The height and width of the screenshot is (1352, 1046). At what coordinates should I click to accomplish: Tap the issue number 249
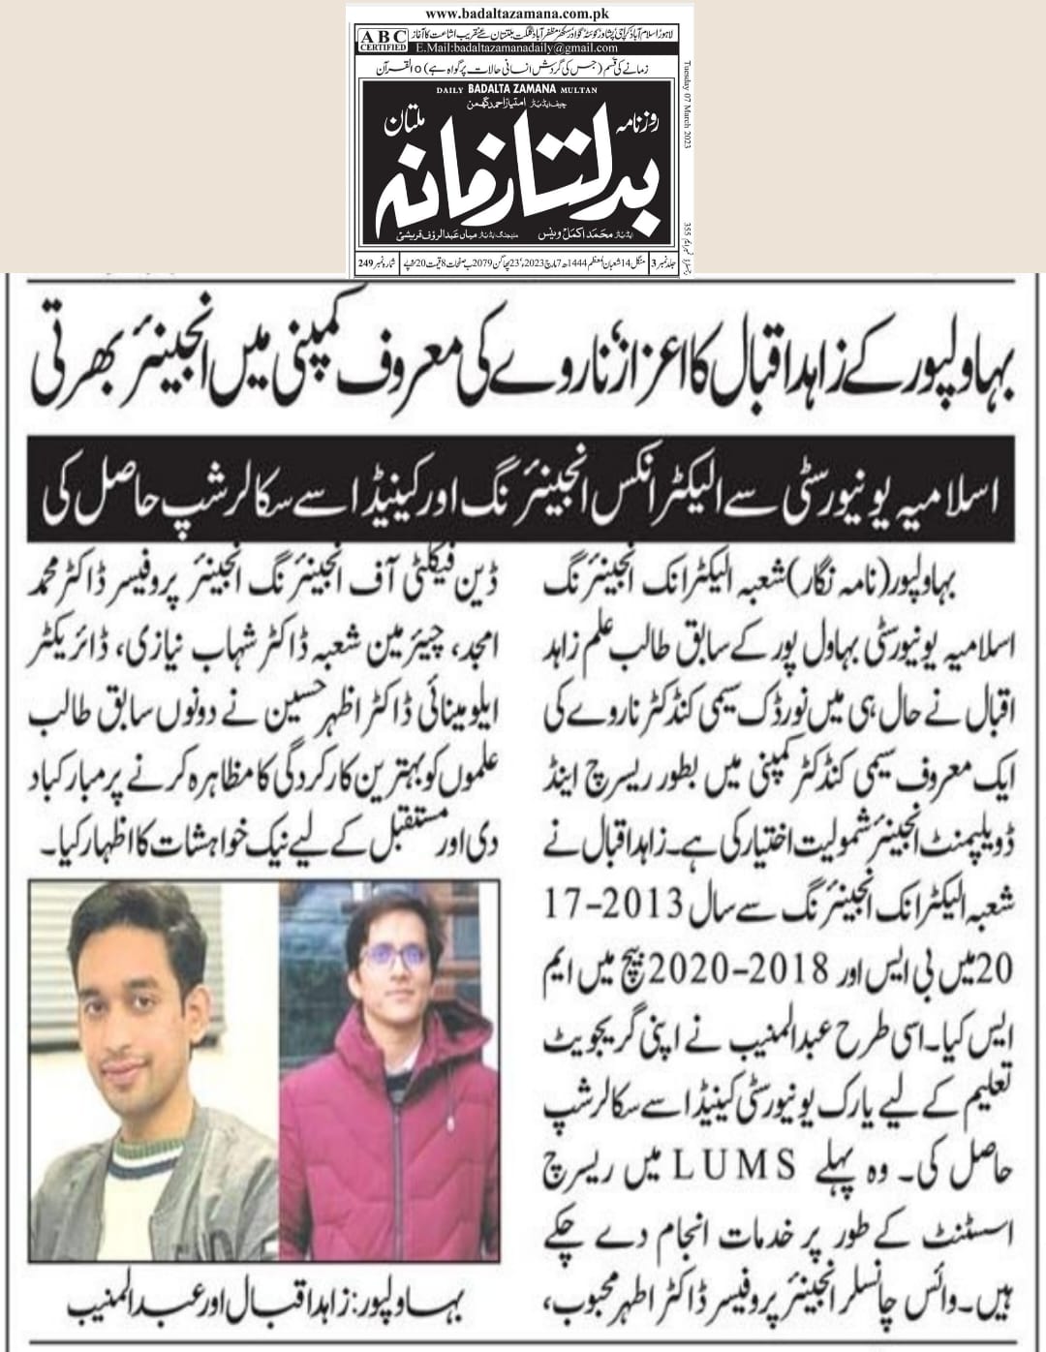click(x=365, y=262)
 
